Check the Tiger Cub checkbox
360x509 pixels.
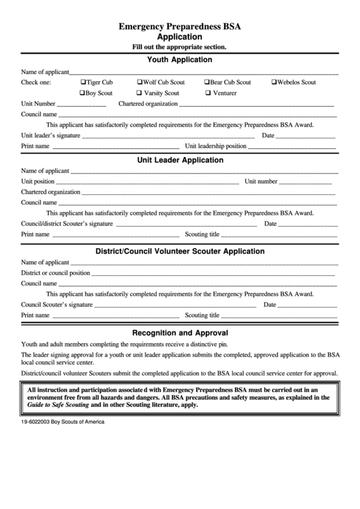click(83, 82)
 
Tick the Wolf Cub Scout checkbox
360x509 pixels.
click(140, 82)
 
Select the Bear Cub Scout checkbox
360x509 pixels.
click(207, 82)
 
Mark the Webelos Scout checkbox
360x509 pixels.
click(274, 82)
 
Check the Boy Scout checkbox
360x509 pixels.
click(83, 93)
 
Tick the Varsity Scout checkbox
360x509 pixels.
click(139, 93)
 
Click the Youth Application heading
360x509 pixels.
click(179, 60)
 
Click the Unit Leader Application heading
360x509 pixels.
click(180, 160)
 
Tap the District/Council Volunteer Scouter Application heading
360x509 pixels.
click(180, 251)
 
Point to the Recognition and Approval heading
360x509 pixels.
click(180, 333)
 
